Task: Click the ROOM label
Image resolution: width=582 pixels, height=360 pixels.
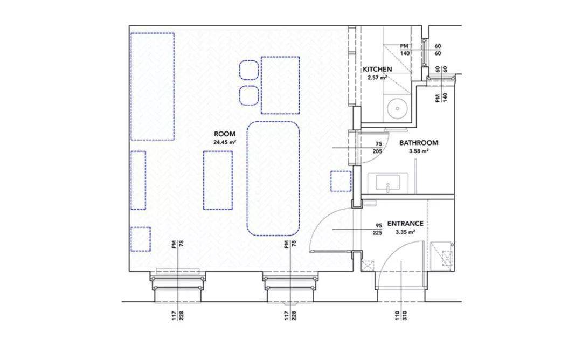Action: (225, 134)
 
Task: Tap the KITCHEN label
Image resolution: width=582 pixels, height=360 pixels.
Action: (377, 70)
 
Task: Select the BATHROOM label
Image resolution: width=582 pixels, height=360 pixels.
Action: (419, 142)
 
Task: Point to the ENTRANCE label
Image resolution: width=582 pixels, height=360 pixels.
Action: (405, 224)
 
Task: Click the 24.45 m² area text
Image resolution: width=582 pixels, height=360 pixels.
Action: (225, 142)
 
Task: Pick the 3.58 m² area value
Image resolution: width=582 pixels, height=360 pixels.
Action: (419, 151)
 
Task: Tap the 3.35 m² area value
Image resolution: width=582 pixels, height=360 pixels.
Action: (405, 232)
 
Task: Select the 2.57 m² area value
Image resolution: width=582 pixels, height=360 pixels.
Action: (377, 78)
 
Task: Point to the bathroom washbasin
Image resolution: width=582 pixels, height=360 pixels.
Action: (388, 184)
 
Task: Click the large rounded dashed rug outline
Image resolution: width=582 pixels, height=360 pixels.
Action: (273, 178)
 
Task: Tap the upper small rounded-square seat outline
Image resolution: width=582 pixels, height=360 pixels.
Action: (249, 70)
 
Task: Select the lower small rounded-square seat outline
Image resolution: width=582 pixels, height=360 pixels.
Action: (249, 95)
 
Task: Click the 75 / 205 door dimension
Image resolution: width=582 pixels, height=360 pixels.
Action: (379, 147)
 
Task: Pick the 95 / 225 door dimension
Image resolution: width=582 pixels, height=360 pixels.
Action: (379, 230)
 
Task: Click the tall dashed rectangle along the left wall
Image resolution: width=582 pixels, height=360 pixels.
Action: (153, 86)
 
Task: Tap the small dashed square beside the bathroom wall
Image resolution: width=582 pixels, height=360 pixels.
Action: (341, 181)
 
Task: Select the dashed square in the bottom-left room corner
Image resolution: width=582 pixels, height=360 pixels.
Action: (141, 239)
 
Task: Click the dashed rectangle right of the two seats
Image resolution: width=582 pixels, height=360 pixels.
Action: (280, 85)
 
